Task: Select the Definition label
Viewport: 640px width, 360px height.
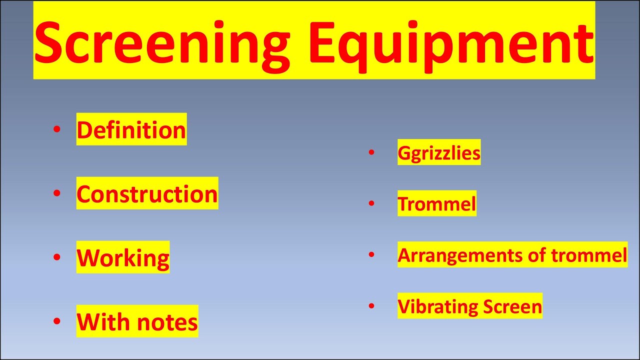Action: tap(131, 130)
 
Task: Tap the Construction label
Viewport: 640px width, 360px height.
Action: tap(147, 194)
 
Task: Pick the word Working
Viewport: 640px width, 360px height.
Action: tap(123, 258)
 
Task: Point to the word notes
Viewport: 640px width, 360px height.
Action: tap(167, 322)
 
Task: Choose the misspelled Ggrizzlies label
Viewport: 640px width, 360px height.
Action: tap(439, 152)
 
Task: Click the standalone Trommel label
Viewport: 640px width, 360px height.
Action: tap(437, 204)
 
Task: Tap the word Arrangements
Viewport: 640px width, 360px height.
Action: tap(460, 255)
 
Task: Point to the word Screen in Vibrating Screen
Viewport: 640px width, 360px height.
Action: tap(512, 306)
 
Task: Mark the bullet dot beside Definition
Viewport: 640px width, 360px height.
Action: tap(56, 129)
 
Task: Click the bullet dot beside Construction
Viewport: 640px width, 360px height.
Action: tap(56, 193)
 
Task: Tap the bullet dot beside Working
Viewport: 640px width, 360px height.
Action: tap(56, 257)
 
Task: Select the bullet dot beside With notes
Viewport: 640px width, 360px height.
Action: tap(56, 321)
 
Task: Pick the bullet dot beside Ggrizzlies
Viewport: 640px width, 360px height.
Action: tap(371, 152)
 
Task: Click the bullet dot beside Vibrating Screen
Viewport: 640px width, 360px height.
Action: tap(371, 305)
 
